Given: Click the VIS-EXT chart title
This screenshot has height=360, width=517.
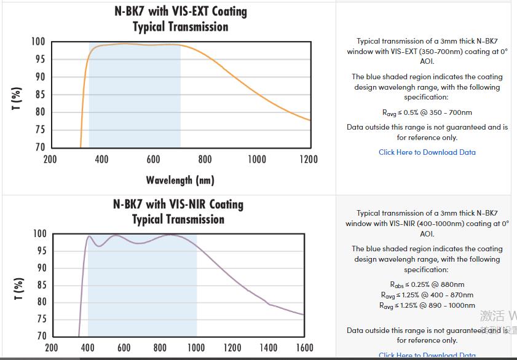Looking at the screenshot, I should click(180, 19).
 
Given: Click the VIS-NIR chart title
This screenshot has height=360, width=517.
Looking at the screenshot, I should click(178, 211).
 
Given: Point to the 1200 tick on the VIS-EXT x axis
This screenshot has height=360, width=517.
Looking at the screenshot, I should click(309, 160).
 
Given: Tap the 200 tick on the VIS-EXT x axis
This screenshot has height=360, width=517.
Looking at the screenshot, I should click(50, 160).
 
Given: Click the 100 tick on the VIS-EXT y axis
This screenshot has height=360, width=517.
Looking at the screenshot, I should click(38, 42).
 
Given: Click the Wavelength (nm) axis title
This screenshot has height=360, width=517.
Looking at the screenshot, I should click(180, 180).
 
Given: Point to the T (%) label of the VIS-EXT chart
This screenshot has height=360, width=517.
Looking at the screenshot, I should click(18, 98).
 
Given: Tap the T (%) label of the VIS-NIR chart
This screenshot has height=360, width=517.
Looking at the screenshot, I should click(19, 289).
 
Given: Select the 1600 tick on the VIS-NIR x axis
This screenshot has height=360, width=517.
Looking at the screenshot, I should click(304, 348).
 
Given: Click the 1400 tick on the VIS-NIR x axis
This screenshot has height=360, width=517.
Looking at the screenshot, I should click(268, 348).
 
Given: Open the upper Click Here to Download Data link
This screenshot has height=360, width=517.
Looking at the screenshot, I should click(427, 152).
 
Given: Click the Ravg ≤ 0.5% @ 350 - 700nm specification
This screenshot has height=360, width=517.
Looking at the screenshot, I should click(427, 112).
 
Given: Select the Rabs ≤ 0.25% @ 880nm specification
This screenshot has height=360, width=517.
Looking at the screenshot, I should click(427, 284).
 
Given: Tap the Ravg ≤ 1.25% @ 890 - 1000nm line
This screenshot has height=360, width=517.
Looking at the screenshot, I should click(427, 305).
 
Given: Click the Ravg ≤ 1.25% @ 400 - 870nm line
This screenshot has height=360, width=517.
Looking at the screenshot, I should click(427, 295).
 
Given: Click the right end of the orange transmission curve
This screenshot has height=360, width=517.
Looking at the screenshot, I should click(310, 120).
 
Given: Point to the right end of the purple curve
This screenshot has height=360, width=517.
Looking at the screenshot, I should click(303, 315).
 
